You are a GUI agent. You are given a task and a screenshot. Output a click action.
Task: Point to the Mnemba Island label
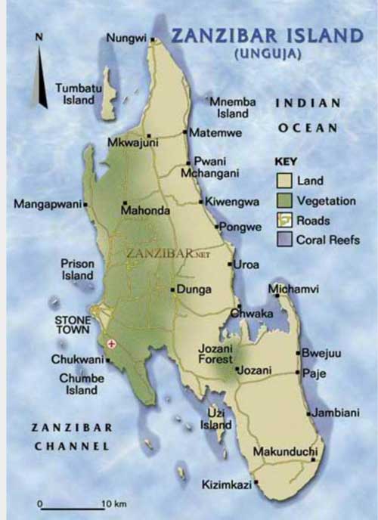tap(233, 107)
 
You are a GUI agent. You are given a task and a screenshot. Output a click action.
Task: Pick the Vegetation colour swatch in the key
tap(284, 201)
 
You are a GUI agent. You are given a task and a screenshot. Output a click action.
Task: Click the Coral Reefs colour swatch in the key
tap(284, 240)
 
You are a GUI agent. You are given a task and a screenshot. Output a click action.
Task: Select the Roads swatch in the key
tap(284, 221)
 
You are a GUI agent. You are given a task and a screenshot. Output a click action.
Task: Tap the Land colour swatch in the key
tap(284, 181)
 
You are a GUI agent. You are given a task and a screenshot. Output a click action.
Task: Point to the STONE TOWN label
tap(74, 325)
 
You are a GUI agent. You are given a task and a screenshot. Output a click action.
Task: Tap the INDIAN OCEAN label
tap(307, 115)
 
